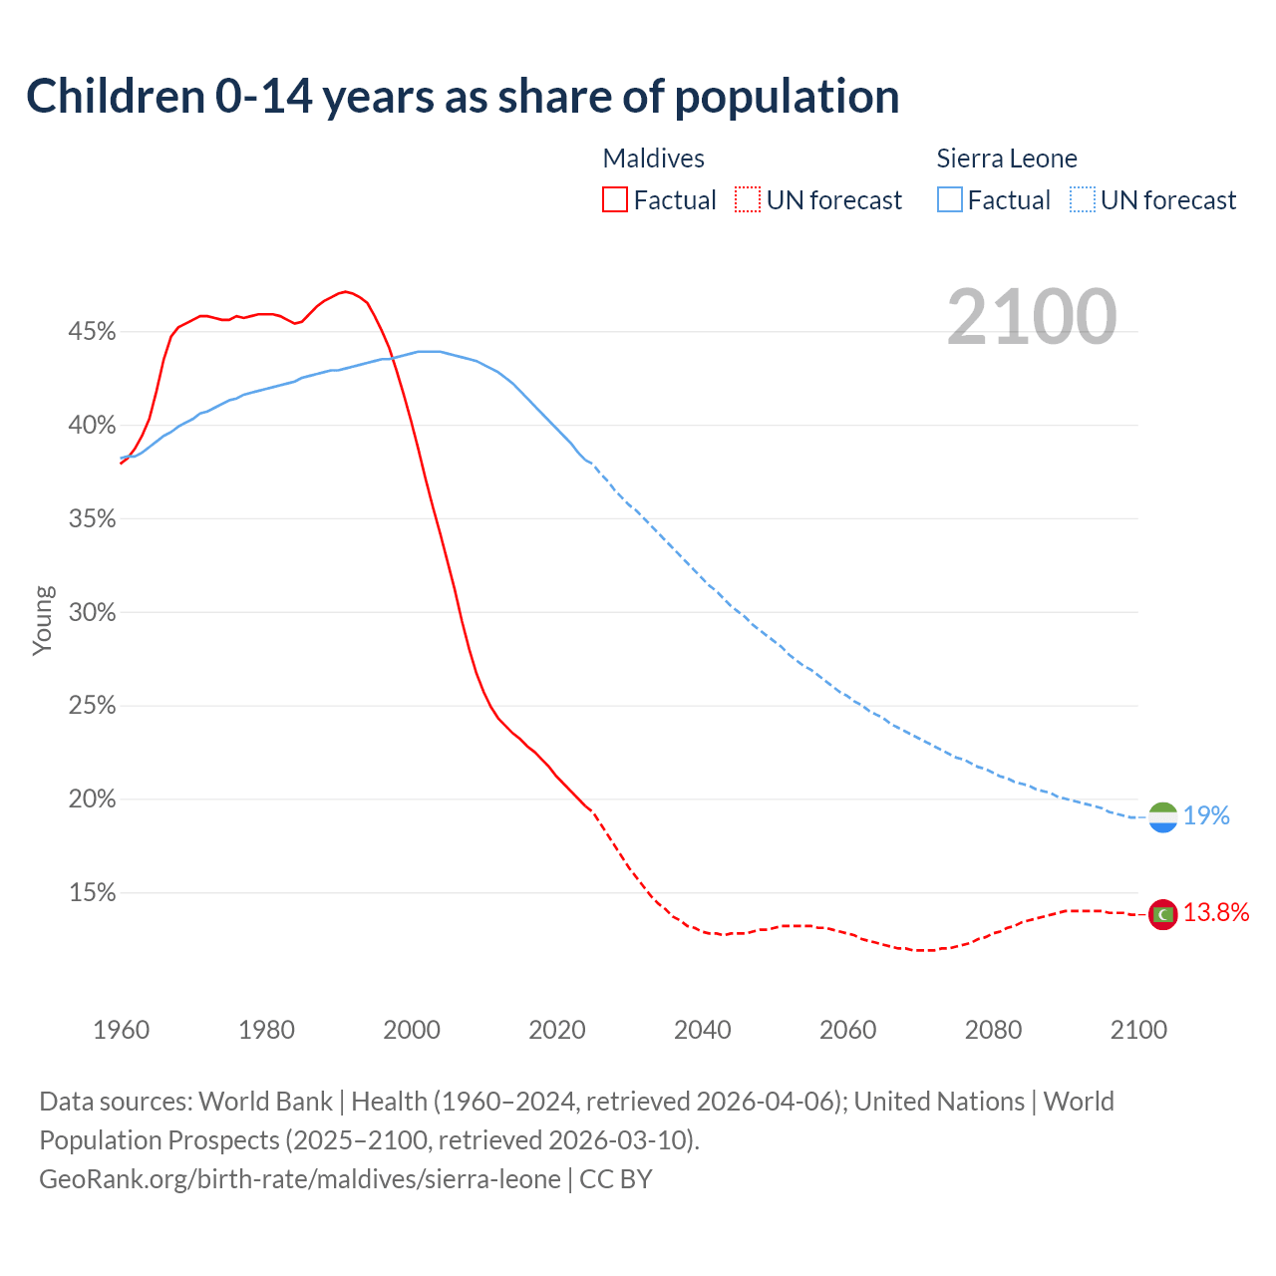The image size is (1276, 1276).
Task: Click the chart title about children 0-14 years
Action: pos(463,97)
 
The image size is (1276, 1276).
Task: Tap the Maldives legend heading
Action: pos(653,159)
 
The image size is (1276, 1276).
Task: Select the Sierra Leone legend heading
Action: pos(1007,159)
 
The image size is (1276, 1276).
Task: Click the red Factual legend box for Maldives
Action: pos(615,200)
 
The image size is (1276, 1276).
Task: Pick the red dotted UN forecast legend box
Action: pos(748,200)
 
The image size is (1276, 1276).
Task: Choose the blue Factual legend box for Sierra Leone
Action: pos(950,200)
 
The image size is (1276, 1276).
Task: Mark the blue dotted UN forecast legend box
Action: pos(1083,200)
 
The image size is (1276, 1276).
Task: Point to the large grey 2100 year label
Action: pos(1032,317)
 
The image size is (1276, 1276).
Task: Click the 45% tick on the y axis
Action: pos(92,332)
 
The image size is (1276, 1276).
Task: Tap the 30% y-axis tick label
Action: pos(92,613)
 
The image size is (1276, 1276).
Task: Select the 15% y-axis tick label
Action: pos(92,893)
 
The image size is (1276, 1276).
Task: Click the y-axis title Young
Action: pos(42,620)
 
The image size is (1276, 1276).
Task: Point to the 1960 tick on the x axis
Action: pos(121,1030)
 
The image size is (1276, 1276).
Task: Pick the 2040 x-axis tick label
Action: pos(703,1030)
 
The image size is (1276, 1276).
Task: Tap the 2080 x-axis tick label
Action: pos(993,1030)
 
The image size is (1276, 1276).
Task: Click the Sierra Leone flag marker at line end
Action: pos(1162,817)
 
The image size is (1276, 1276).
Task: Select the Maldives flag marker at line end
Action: pos(1162,914)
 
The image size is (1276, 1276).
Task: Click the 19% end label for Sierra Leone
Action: pos(1206,816)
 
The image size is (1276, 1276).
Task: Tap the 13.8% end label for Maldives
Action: pos(1216,913)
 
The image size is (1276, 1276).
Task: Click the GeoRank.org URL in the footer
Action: pos(299,1179)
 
